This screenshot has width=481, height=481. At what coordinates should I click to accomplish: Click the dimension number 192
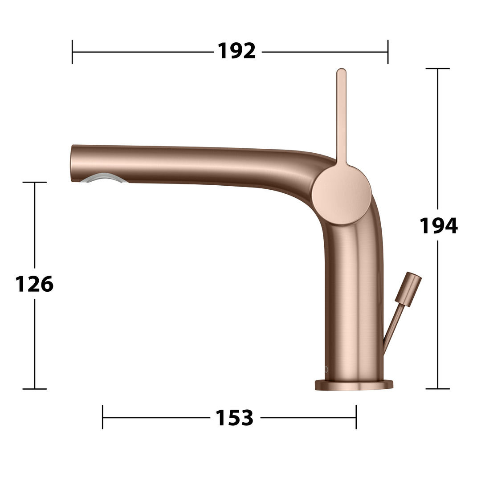pos(236,51)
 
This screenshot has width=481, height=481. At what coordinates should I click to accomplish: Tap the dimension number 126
pos(34,284)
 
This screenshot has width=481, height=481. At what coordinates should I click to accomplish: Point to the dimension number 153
pos(235,417)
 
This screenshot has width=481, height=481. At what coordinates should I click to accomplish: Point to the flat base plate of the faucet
pos(354,385)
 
